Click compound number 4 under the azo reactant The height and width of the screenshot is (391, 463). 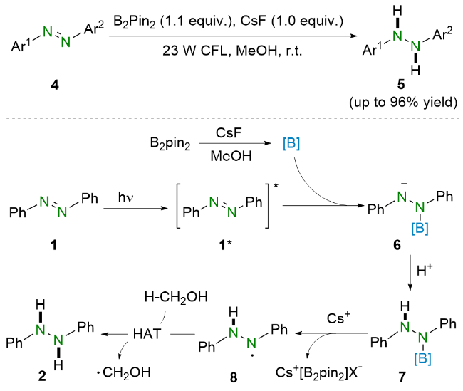pyautogui.click(x=55, y=85)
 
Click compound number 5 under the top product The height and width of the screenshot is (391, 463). pyautogui.click(x=401, y=85)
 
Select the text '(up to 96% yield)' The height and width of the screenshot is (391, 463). pyautogui.click(x=403, y=103)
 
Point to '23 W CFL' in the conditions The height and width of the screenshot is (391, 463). pyautogui.click(x=196, y=51)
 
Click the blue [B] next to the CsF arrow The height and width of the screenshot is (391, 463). pyautogui.click(x=291, y=144)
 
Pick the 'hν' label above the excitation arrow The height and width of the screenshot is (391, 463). pyautogui.click(x=126, y=197)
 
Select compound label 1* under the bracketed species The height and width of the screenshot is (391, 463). pyautogui.click(x=225, y=245)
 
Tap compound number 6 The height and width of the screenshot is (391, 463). pyautogui.click(x=397, y=245)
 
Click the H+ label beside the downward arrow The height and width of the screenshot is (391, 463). pyautogui.click(x=425, y=270)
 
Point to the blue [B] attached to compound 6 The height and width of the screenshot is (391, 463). pyautogui.click(x=420, y=229)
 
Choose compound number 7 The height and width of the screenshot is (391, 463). pyautogui.click(x=402, y=377)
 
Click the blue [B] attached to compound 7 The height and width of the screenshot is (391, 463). pyautogui.click(x=422, y=358)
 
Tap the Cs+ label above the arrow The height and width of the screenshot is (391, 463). pyautogui.click(x=338, y=318)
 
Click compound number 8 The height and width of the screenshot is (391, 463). pyautogui.click(x=234, y=377)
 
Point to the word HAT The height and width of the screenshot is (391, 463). pyautogui.click(x=147, y=334)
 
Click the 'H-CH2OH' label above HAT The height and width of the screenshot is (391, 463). pyautogui.click(x=176, y=297)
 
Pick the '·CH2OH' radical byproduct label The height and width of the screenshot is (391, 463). pyautogui.click(x=124, y=372)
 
